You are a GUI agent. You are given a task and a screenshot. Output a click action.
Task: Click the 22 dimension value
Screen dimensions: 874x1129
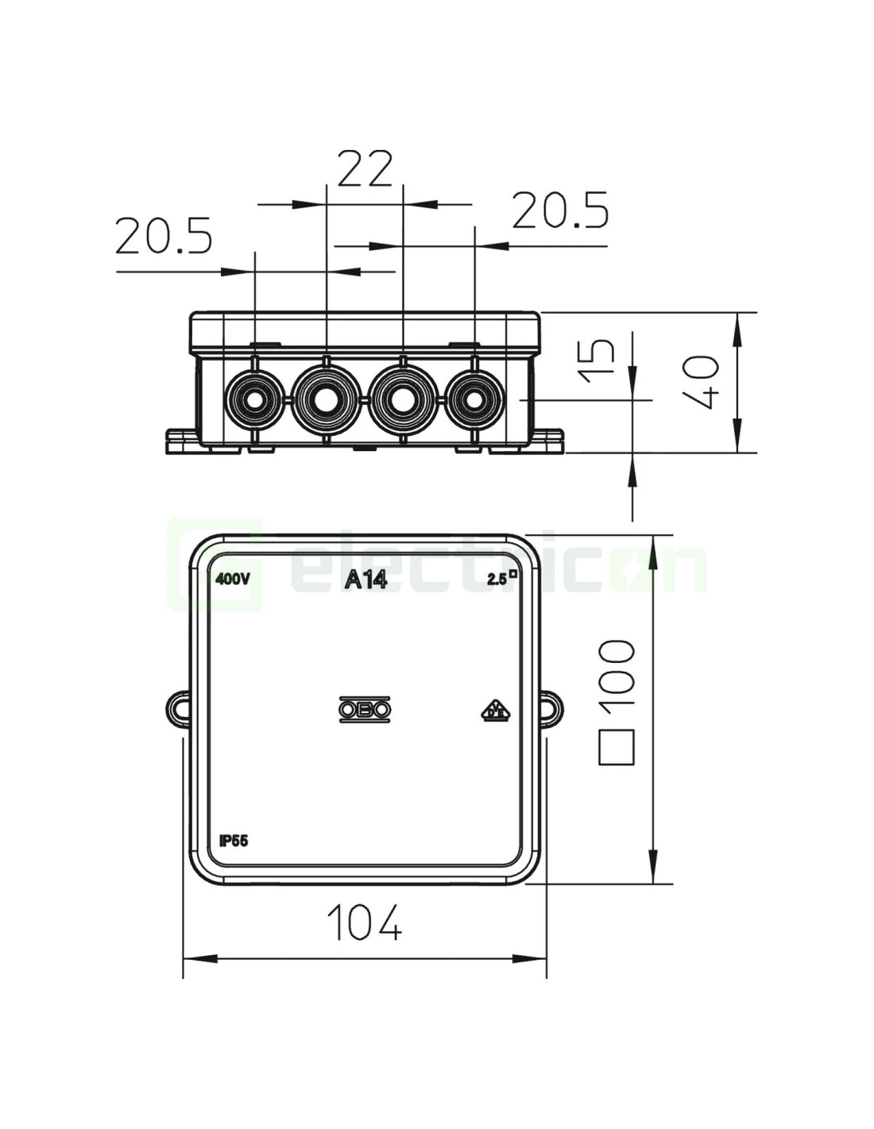[x=365, y=168]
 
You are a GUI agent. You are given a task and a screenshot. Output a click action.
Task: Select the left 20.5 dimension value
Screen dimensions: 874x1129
[x=164, y=235]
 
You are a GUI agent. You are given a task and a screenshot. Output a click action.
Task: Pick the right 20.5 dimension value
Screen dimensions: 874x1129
[x=560, y=210]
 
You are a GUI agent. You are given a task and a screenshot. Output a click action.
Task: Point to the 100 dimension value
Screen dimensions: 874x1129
[x=617, y=672]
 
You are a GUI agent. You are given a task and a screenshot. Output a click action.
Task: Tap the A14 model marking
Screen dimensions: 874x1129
[x=366, y=580]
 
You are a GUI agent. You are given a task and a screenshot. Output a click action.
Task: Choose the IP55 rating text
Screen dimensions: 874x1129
[x=234, y=854]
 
